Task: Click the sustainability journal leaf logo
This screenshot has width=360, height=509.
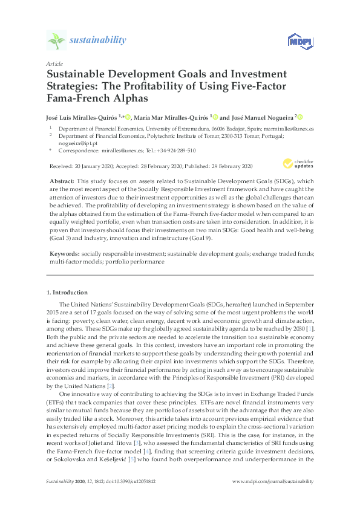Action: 56,41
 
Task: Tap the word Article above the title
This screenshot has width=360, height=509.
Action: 54,63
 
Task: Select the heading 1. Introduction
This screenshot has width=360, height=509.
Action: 70,293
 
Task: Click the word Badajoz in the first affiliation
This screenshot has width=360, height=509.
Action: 224,129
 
